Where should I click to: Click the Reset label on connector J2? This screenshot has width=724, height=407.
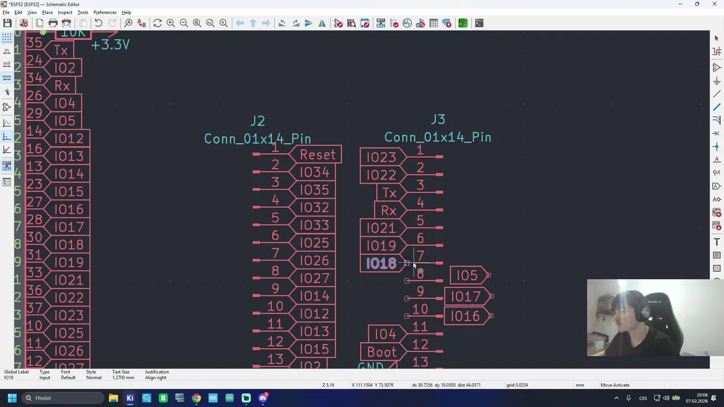click(318, 155)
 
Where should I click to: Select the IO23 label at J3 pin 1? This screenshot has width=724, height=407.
click(381, 157)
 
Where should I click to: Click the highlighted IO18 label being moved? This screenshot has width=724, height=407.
click(381, 263)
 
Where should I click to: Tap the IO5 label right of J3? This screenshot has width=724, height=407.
click(467, 275)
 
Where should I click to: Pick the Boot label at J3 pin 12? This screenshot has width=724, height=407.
click(382, 352)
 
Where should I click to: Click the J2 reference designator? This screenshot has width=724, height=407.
click(257, 121)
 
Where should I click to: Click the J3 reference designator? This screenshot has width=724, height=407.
click(438, 119)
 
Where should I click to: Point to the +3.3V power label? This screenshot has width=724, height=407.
click(110, 45)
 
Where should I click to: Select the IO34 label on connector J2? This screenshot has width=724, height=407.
click(314, 172)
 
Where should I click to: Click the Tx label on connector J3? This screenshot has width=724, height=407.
click(389, 193)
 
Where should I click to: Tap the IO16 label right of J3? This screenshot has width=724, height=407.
click(466, 317)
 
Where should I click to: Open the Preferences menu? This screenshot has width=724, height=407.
click(105, 12)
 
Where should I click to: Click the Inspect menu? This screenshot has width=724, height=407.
click(65, 12)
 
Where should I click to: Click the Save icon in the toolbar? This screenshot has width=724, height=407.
click(7, 23)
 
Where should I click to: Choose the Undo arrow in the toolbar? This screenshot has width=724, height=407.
click(98, 23)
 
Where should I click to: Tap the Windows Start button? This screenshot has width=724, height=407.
click(12, 398)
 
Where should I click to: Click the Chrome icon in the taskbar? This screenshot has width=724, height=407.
click(196, 398)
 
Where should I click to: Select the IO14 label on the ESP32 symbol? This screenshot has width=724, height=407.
click(69, 174)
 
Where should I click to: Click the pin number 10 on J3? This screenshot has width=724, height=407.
click(420, 309)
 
